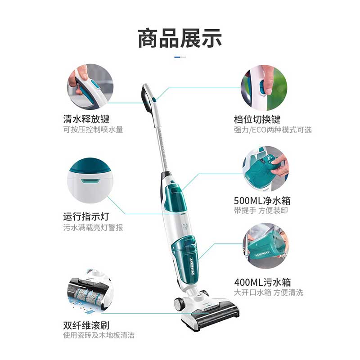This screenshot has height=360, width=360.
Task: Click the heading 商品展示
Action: [x=180, y=38]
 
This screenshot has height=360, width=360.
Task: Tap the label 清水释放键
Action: [x=86, y=119]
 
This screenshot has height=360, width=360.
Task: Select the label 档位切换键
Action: [x=257, y=119]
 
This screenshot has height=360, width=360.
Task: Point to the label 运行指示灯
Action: [x=86, y=216]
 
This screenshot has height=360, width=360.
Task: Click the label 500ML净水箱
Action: [x=262, y=201]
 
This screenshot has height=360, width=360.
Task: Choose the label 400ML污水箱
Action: [x=262, y=282]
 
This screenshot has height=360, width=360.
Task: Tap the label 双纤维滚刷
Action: [x=86, y=325]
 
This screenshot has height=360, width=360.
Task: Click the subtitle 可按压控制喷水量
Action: [x=93, y=130]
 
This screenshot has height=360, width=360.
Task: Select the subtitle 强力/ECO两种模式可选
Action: [x=273, y=130]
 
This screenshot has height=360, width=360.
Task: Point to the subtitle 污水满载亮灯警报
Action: [x=93, y=228]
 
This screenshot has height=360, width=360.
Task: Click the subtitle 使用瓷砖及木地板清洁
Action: [x=99, y=335]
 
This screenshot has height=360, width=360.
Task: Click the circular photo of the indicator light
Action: [x=90, y=180]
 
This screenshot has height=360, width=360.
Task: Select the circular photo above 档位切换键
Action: [x=264, y=87]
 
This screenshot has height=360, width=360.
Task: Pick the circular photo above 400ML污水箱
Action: [x=266, y=246]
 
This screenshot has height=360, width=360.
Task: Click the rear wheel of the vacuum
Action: [x=180, y=303]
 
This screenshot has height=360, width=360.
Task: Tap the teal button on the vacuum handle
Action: [x=154, y=99]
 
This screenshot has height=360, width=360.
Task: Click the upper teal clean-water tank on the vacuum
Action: [x=175, y=197]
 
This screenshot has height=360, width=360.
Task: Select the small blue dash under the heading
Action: [x=177, y=57]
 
